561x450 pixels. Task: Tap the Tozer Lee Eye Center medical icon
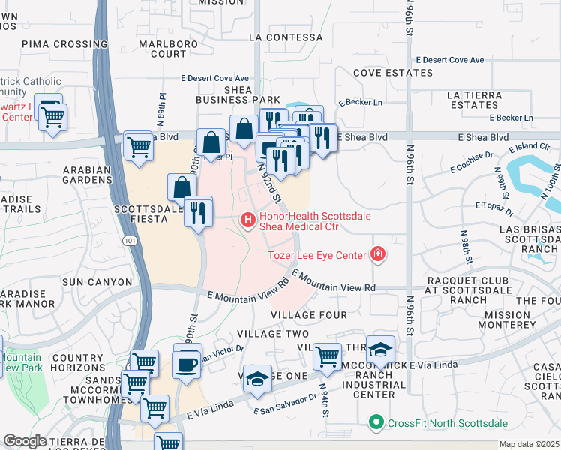click(378, 254)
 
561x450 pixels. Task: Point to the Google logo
click(25, 441)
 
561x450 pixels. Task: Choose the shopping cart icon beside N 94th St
click(327, 357)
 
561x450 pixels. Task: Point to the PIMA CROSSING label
click(55, 44)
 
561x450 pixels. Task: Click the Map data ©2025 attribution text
click(529, 444)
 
